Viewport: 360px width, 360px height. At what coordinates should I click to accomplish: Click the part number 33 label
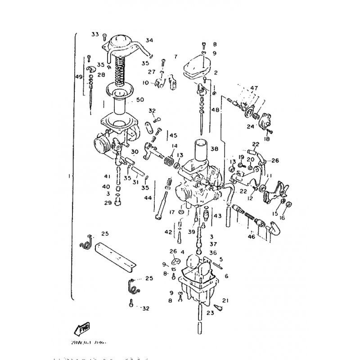coord(95,34)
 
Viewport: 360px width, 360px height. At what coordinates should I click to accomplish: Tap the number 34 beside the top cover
coord(149,40)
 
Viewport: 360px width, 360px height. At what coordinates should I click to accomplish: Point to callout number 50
coord(140,99)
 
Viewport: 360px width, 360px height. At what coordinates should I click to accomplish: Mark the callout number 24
coord(250,127)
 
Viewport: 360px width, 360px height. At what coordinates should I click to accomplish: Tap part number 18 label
coord(268,139)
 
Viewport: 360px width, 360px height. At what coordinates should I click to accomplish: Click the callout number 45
coord(174,135)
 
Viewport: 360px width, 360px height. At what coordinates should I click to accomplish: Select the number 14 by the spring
coord(174,146)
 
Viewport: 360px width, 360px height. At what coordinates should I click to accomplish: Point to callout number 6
coord(226,275)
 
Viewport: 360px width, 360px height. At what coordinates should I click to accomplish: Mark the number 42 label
coord(168,232)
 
